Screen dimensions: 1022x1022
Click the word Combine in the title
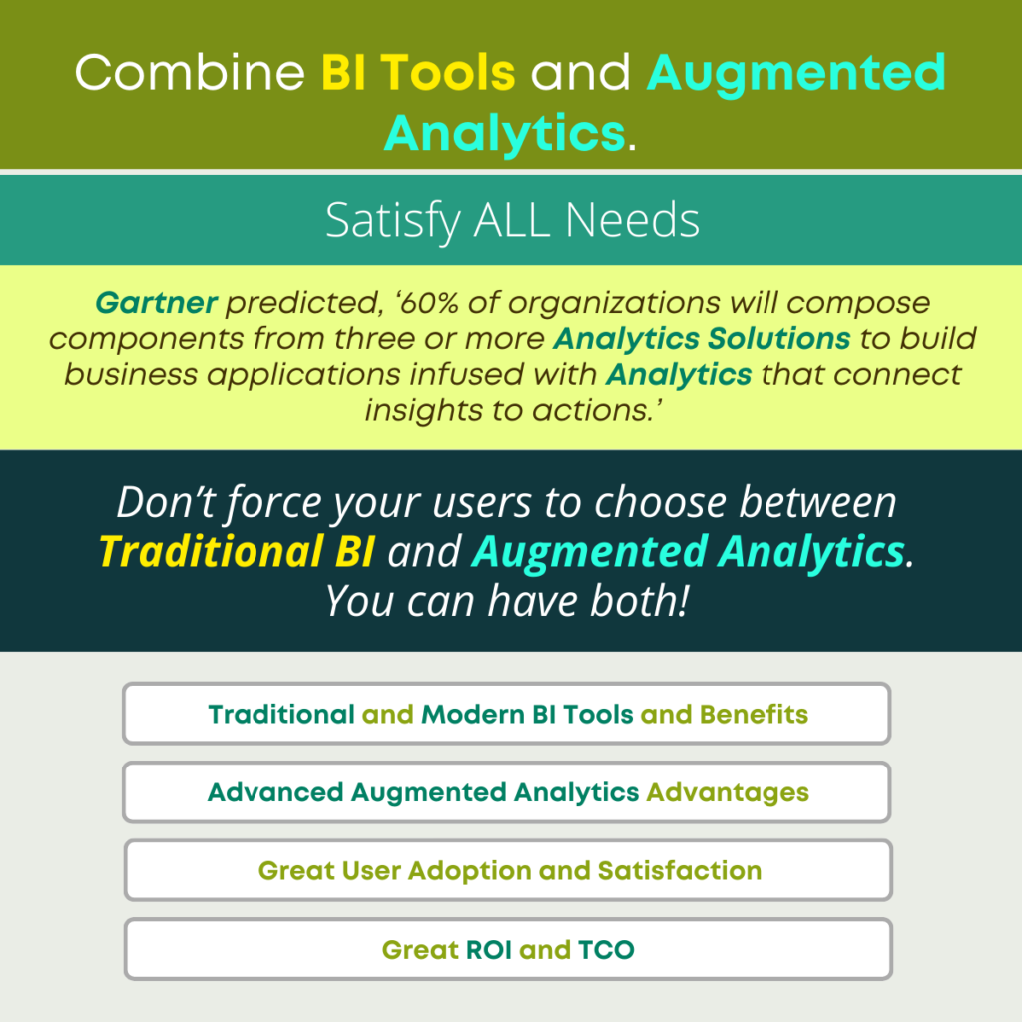point(190,72)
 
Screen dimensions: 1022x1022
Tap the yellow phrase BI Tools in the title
point(418,72)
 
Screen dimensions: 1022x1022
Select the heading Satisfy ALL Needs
point(512,221)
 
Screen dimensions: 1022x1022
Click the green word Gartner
point(156,303)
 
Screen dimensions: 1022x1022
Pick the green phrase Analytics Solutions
point(702,339)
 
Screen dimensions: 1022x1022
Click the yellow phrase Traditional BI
point(237,551)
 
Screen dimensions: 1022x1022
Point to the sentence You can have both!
point(507,600)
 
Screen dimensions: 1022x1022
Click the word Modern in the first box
point(473,715)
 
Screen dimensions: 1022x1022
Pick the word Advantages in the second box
point(728,793)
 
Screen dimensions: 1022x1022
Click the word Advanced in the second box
point(275,793)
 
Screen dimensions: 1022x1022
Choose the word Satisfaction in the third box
point(679,871)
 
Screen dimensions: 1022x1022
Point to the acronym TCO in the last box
point(606,950)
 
